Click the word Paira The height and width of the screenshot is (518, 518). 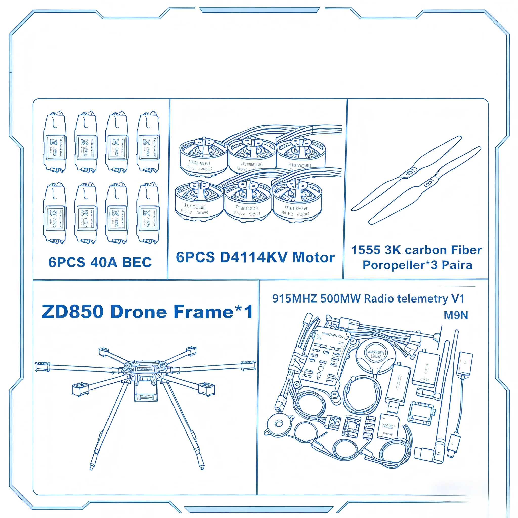click(x=457, y=265)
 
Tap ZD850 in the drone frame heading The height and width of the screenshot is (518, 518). click(x=72, y=312)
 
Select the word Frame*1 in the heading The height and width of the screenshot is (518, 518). click(x=213, y=312)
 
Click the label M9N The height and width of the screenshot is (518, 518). click(x=456, y=316)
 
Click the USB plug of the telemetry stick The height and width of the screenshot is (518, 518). click(x=393, y=408)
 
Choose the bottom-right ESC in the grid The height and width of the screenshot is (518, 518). click(x=148, y=213)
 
